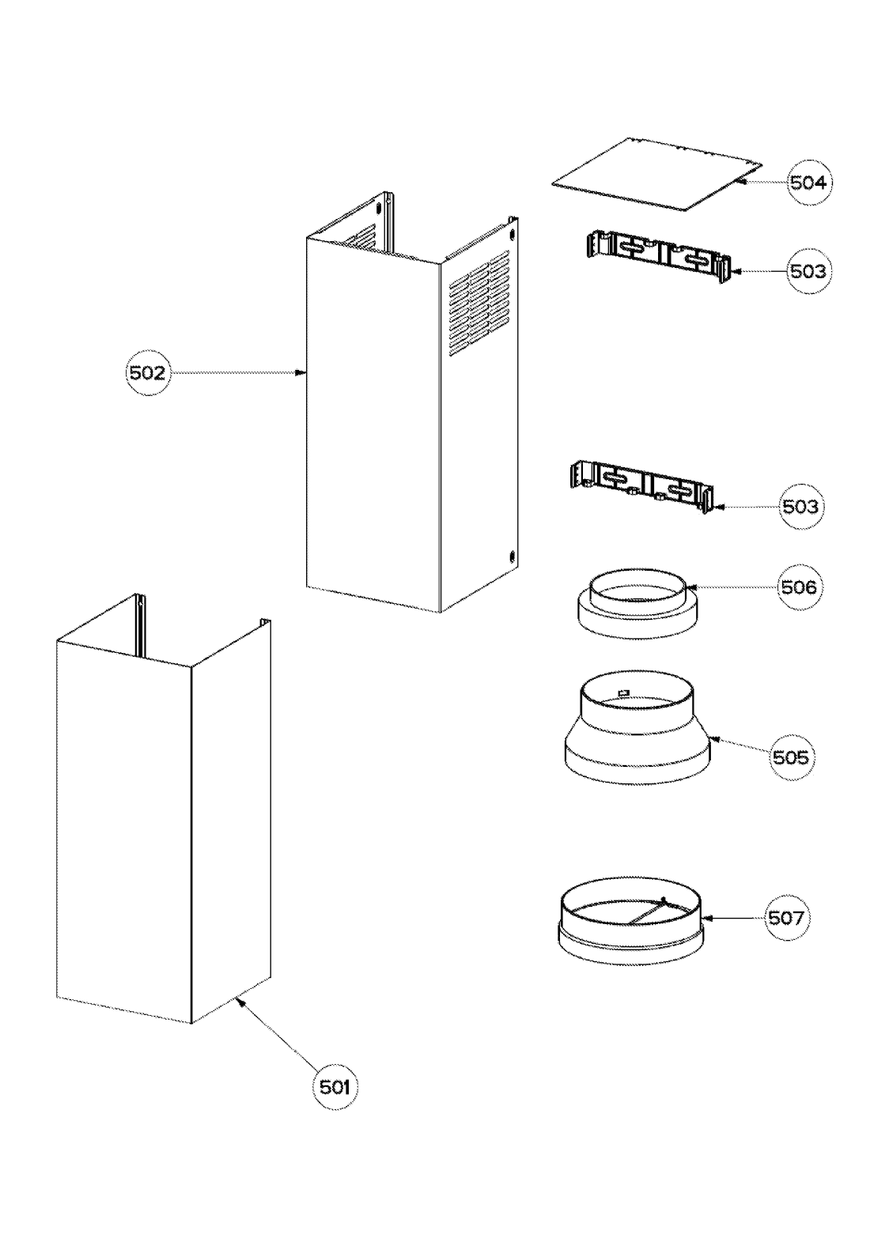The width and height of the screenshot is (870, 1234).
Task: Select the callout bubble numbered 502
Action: pos(148,372)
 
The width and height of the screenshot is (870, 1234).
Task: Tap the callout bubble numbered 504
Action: pos(808,183)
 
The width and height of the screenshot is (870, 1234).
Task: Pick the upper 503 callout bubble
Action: pos(808,271)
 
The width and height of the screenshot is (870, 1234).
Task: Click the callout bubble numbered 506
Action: pos(798,587)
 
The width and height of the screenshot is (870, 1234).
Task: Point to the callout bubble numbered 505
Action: pos(791,757)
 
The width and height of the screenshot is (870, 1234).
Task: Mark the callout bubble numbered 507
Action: pos(786,917)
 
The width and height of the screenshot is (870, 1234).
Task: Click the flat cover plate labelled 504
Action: pos(656,174)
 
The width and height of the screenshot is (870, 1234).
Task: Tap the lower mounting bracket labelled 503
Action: pos(641,489)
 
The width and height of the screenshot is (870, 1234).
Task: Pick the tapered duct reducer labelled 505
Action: pos(637,731)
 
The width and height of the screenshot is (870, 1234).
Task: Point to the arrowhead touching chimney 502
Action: pos(301,372)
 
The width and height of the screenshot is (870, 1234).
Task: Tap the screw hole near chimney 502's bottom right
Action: pos(513,555)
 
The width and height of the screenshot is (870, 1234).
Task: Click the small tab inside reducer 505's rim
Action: pos(623,693)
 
